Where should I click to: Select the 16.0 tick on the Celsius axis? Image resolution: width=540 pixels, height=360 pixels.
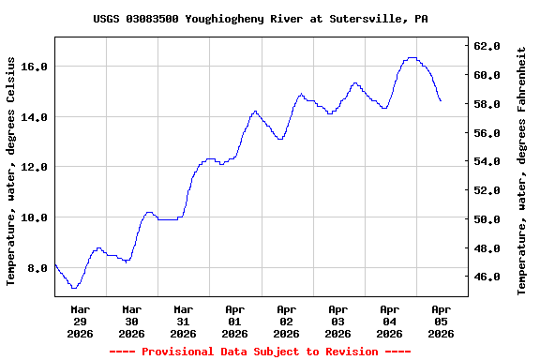pyautogui.click(x=35, y=67)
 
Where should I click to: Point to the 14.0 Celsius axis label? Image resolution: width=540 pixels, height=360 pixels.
pyautogui.click(x=35, y=117)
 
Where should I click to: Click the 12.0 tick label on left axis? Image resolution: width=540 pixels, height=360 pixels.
pyautogui.click(x=35, y=167)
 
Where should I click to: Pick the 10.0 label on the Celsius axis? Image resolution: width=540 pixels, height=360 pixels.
pyautogui.click(x=35, y=217)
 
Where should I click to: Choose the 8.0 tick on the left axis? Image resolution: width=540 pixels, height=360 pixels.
pyautogui.click(x=37, y=268)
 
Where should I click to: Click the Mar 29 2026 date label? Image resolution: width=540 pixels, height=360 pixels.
pyautogui.click(x=81, y=321)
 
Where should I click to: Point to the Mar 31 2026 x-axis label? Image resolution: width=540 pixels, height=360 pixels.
pyautogui.click(x=184, y=321)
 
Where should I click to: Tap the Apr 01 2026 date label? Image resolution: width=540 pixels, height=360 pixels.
pyautogui.click(x=235, y=321)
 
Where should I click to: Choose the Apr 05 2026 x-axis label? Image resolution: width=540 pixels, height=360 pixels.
pyautogui.click(x=441, y=321)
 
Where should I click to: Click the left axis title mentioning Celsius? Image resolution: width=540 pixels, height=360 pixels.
pyautogui.click(x=12, y=170)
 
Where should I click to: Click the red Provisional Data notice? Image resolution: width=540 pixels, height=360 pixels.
pyautogui.click(x=260, y=352)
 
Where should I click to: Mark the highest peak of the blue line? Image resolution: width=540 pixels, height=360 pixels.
pyautogui.click(x=412, y=58)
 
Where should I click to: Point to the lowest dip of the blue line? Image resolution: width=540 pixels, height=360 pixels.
pyautogui.click(x=73, y=287)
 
